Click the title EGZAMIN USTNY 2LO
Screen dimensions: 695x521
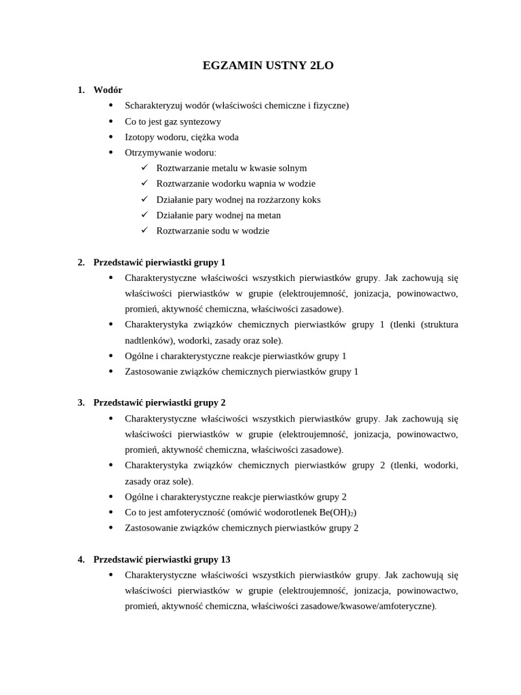pyautogui.click(x=269, y=66)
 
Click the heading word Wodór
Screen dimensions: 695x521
pyautogui.click(x=108, y=90)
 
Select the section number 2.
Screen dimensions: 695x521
pyautogui.click(x=81, y=262)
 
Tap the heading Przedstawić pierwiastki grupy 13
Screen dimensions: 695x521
pyautogui.click(x=161, y=559)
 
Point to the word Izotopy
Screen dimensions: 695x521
pyautogui.click(x=140, y=136)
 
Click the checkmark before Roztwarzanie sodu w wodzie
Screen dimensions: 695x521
pyautogui.click(x=144, y=230)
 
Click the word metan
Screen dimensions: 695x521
pyautogui.click(x=268, y=215)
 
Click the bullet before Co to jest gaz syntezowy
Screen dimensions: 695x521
pyautogui.click(x=111, y=121)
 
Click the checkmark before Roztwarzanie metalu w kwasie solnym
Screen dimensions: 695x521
pyautogui.click(x=144, y=168)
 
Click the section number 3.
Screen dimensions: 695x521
pyautogui.click(x=81, y=402)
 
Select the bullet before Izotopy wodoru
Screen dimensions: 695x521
pyautogui.click(x=111, y=136)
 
